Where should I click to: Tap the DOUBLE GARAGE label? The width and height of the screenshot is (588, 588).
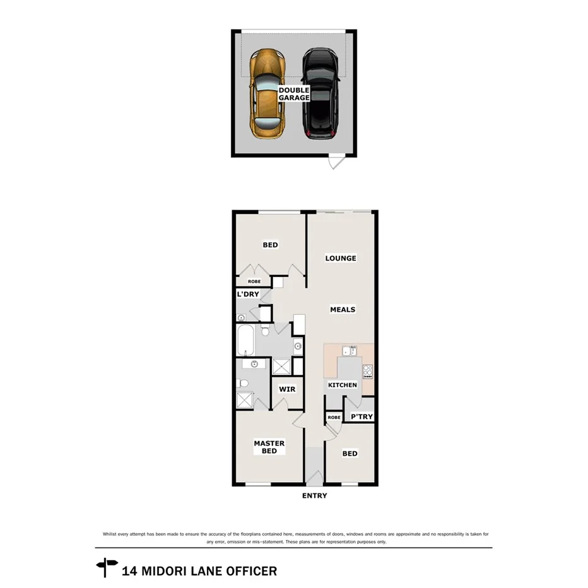294,94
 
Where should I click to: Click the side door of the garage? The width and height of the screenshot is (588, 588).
334,162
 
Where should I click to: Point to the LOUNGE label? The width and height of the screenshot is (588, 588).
341,258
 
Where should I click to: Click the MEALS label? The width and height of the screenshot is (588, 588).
343,310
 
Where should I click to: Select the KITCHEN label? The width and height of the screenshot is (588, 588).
343,385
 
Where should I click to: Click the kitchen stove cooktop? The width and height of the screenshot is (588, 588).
368,371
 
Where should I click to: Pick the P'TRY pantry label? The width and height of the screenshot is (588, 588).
362,417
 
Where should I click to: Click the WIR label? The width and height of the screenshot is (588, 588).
287,389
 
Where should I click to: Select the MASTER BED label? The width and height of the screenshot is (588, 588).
269,447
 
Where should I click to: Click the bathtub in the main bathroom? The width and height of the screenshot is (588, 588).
246,340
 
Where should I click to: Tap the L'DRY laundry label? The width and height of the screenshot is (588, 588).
248,295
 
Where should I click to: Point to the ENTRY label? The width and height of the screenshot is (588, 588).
314,496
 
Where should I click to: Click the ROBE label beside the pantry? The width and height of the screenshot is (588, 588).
334,417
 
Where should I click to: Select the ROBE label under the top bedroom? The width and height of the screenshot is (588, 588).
254,281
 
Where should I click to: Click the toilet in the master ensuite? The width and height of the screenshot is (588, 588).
244,382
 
